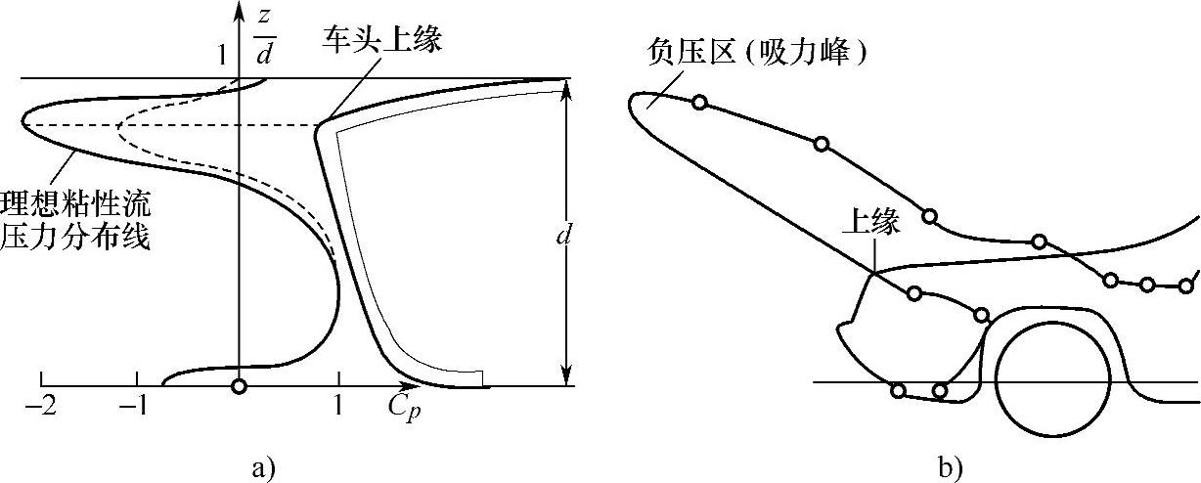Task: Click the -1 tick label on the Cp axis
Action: coord(135,405)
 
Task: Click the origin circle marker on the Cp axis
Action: coord(239,386)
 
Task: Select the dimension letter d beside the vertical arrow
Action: coord(562,235)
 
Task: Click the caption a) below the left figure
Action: coord(259,468)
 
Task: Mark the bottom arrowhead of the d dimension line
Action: coord(564,376)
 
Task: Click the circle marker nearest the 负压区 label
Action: coord(698,102)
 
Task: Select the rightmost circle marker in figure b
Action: coord(1187,285)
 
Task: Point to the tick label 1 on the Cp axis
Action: coord(338,405)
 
